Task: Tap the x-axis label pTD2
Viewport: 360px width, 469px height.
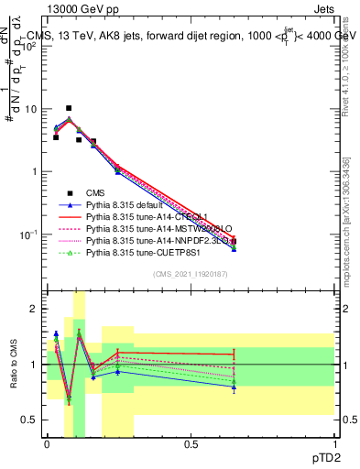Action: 321,457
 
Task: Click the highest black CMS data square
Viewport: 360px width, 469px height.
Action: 69,108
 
